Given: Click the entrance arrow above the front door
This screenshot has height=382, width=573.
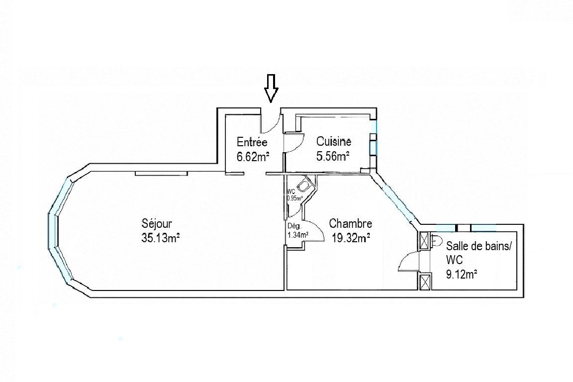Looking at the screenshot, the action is (x=271, y=88).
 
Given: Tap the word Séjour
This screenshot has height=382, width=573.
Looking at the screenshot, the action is (x=157, y=223).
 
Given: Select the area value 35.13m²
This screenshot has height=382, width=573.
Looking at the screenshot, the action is (x=161, y=238).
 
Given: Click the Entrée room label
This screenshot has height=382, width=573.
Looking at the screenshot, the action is (x=252, y=142).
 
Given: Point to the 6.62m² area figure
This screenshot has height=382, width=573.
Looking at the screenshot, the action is (x=253, y=157).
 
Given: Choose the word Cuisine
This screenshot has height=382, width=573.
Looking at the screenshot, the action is (x=334, y=141).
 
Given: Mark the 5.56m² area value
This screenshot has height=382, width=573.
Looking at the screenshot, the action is (x=333, y=157).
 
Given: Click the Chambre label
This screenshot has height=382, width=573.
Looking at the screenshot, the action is (x=351, y=223).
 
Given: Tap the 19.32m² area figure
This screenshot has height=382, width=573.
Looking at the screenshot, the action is (x=351, y=238).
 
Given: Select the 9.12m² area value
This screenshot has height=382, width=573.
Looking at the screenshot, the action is (x=462, y=274).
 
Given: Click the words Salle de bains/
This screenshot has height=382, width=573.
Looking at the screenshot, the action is (x=478, y=246).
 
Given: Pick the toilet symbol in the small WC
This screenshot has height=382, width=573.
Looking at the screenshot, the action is (x=304, y=186).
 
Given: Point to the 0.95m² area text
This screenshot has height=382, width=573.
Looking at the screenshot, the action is (x=295, y=198).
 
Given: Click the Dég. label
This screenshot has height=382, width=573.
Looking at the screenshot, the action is (x=294, y=226).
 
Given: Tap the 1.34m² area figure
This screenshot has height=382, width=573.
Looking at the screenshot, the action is (x=298, y=235).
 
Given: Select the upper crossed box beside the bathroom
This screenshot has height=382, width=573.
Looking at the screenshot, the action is (x=424, y=241).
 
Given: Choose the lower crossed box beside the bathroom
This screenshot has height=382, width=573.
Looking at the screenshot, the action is (x=425, y=282).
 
